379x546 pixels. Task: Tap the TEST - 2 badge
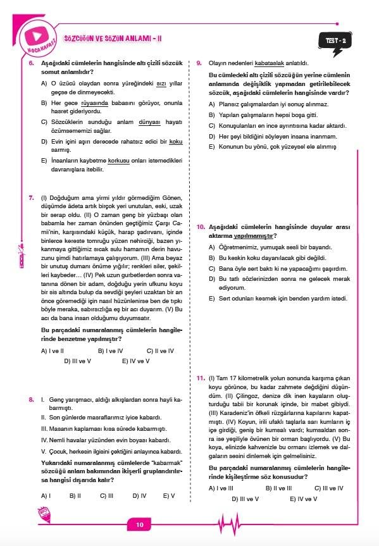335,41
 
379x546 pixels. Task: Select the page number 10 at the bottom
140,524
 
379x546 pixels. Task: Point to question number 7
31,198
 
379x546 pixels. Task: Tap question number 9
199,63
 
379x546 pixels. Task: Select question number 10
200,226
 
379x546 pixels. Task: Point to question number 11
200,378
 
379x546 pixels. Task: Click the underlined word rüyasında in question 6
94,102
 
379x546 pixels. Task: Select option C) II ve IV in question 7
160,351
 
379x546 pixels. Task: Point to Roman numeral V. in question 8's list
44,451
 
